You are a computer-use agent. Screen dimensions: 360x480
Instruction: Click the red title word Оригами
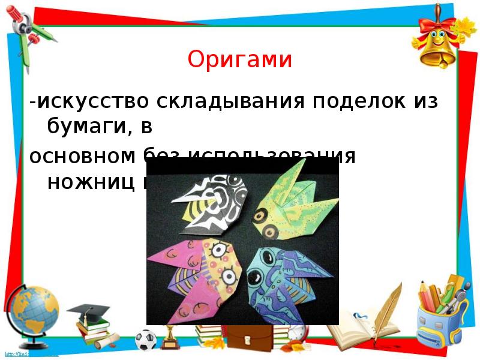point(239,60)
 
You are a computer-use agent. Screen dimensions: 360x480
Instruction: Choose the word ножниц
point(90,182)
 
